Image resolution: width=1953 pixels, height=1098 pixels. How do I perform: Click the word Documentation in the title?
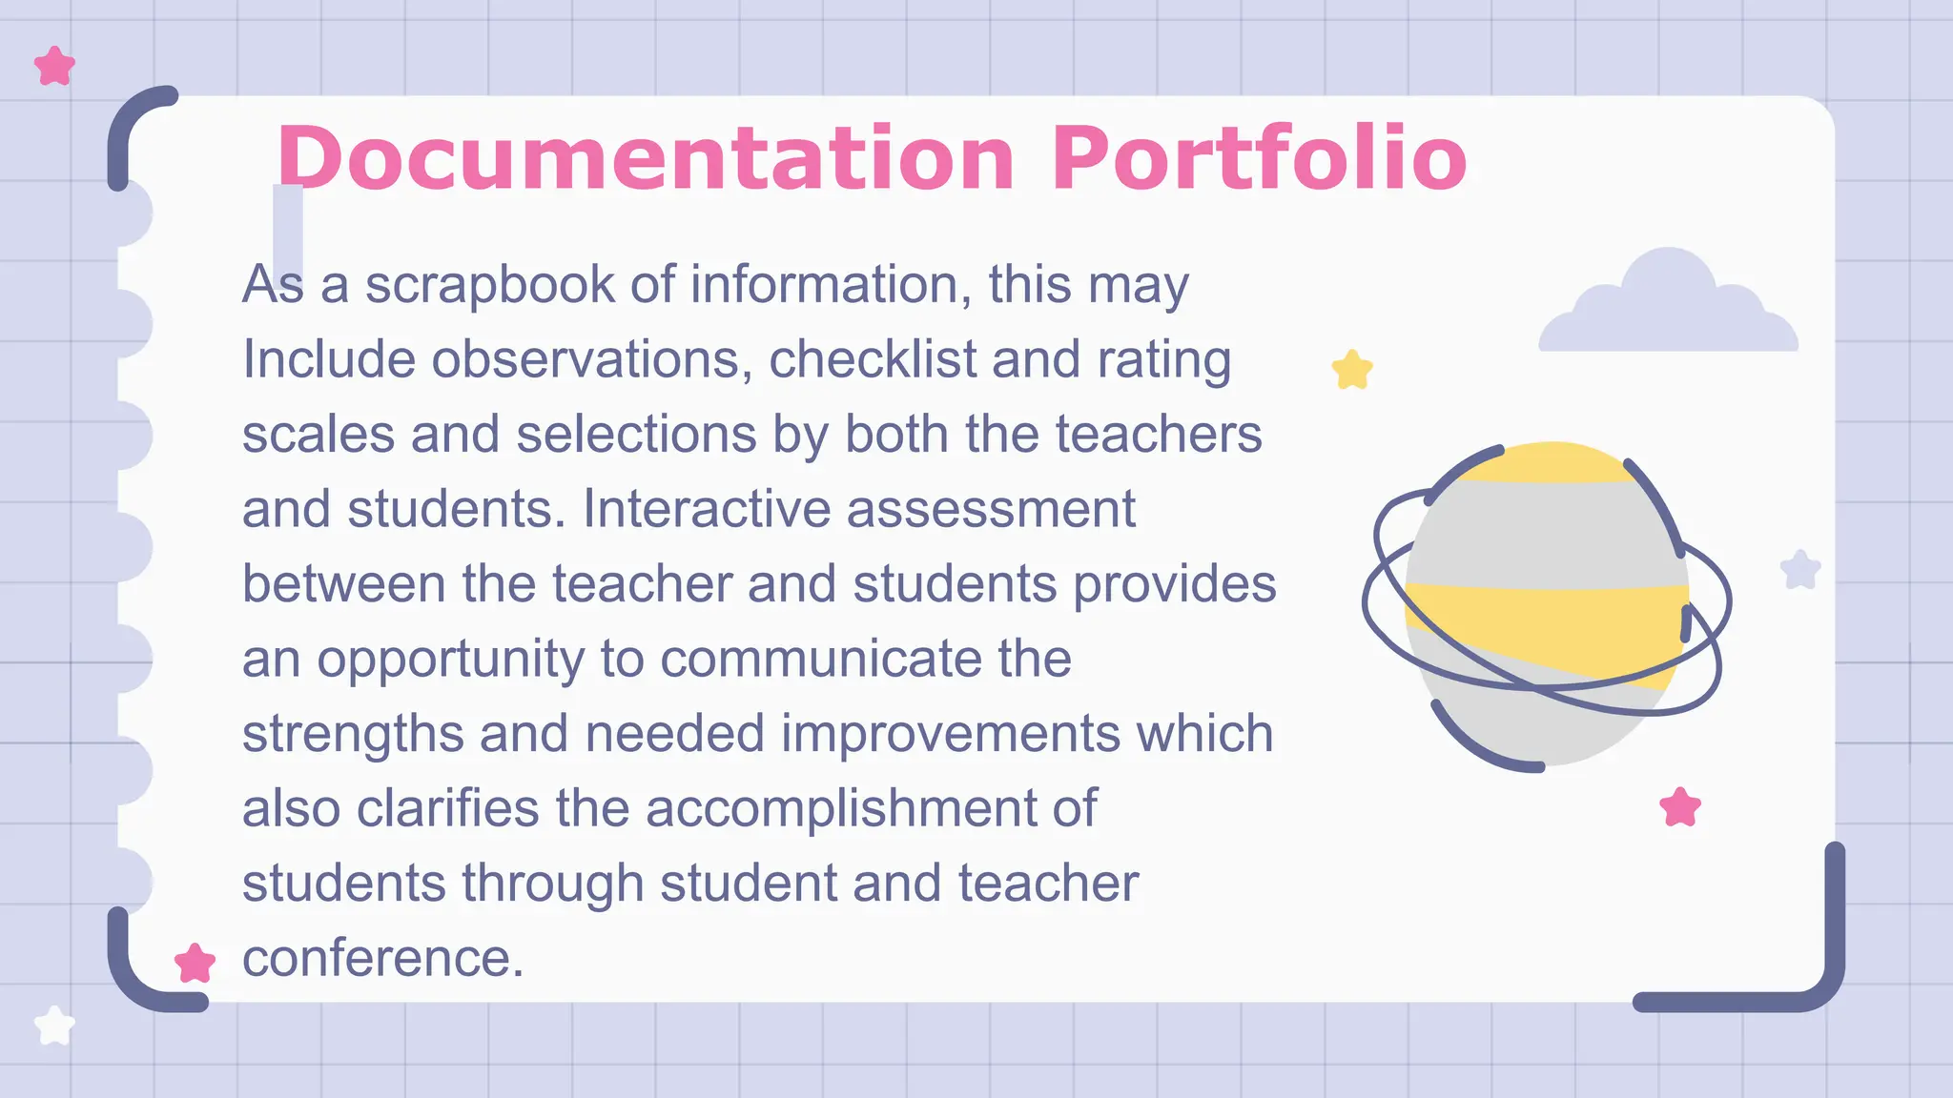coord(646,158)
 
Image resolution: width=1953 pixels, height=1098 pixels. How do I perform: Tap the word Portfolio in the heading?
coord(1259,158)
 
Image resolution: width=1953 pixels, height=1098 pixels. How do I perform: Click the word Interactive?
coord(708,508)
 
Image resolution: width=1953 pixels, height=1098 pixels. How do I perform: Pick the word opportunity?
coord(450,660)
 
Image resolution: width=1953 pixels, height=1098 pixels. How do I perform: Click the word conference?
coord(382,958)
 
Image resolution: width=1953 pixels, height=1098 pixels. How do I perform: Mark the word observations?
coord(586,359)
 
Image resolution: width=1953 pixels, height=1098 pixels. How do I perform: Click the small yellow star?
coord(1351,370)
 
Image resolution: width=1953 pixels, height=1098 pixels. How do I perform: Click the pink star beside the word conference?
coord(195,964)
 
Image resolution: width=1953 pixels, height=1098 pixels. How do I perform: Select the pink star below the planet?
coord(1679,807)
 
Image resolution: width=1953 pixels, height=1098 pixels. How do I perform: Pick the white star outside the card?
coord(54,1026)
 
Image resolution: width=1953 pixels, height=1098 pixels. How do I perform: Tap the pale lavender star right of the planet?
coord(1800,570)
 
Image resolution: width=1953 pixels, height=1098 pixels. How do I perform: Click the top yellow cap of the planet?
coord(1549,461)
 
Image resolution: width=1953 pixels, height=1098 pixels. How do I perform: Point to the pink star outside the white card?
coord(54,67)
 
